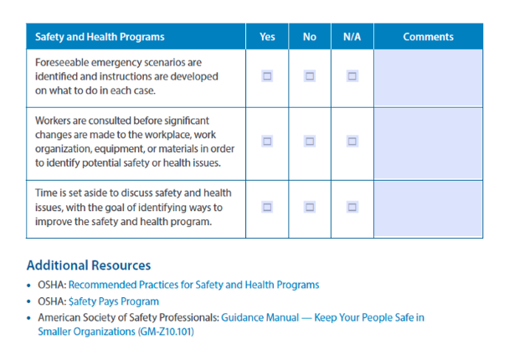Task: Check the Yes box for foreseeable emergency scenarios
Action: [x=267, y=76]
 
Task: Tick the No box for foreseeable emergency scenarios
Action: [x=310, y=76]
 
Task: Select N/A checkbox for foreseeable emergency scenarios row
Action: [x=352, y=76]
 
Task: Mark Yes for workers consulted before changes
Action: [x=267, y=141]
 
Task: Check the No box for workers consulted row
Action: [x=310, y=141]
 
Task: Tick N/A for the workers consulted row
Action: [x=352, y=141]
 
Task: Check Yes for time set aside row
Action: [x=267, y=207]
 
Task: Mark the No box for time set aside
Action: [x=310, y=207]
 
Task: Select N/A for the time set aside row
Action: [x=352, y=207]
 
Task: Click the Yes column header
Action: [x=267, y=37]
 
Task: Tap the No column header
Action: [x=310, y=37]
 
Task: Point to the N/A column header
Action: [x=352, y=37]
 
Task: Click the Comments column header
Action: [x=428, y=37]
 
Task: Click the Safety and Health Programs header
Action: [x=100, y=37]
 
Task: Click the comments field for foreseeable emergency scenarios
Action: [x=428, y=78]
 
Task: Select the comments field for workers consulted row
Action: [x=428, y=144]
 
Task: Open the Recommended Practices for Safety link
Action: [x=193, y=285]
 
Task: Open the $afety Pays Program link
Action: [x=114, y=301]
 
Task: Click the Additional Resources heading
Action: [x=89, y=265]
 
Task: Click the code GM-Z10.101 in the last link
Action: [x=166, y=332]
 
